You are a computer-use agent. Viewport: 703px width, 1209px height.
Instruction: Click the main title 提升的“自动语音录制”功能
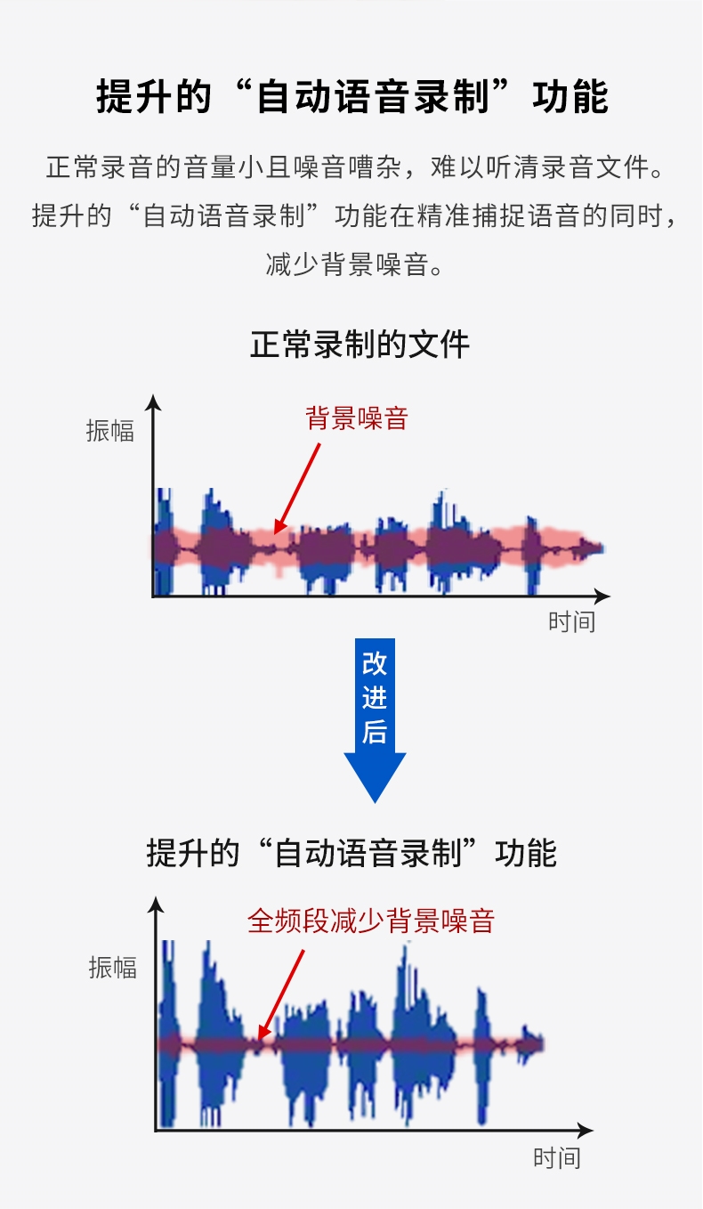pos(351,97)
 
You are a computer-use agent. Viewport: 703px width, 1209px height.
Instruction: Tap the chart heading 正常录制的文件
pos(360,345)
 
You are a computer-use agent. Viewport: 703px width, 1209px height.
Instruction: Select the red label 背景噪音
pos(357,418)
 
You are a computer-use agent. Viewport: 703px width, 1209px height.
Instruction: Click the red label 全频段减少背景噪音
pos(371,921)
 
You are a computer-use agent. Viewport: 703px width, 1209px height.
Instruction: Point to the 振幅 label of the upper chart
pos(110,431)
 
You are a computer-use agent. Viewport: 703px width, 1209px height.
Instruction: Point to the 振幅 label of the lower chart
pos(113,967)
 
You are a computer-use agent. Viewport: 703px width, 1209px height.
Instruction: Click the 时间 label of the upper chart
pos(572,621)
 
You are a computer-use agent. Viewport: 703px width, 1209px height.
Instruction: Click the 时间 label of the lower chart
pos(557,1158)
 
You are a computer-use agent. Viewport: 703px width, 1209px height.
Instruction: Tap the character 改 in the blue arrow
pos(375,663)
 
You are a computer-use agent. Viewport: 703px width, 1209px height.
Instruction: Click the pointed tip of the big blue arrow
pos(375,802)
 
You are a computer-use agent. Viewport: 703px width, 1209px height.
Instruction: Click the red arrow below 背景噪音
pos(296,489)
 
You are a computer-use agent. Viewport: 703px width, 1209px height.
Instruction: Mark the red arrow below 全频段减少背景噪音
pos(280,995)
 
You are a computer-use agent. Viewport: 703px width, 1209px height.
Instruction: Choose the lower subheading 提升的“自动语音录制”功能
pos(351,853)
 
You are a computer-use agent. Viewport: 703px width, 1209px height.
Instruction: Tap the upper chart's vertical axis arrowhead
pos(154,402)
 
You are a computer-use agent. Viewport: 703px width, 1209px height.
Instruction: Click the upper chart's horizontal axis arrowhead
pos(602,596)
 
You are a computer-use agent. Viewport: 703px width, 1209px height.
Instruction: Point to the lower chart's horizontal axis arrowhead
pos(586,1130)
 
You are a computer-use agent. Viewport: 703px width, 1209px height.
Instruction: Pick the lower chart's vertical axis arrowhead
pos(156,905)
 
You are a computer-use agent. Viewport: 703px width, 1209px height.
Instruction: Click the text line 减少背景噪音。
pos(354,264)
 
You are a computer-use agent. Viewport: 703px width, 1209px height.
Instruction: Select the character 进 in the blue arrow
pos(375,697)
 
